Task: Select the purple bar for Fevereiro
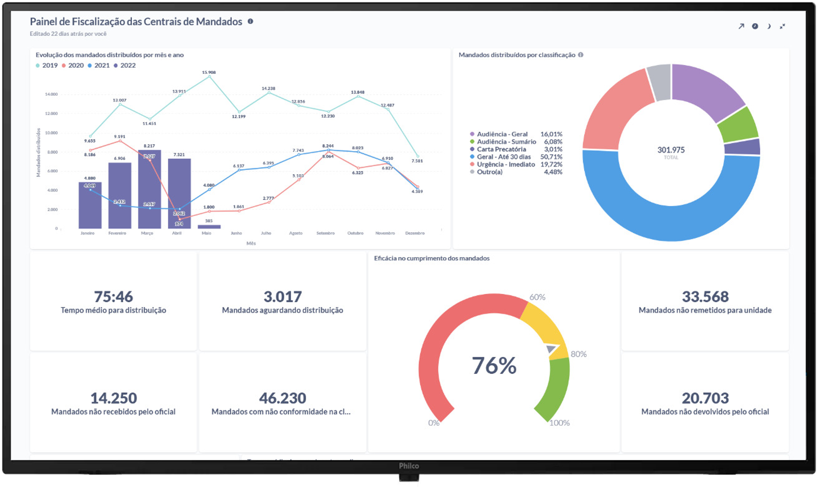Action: pyautogui.click(x=120, y=196)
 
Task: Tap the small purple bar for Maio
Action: pyautogui.click(x=209, y=227)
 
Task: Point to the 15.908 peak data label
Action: pyautogui.click(x=209, y=72)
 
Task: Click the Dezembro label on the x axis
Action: pyautogui.click(x=415, y=233)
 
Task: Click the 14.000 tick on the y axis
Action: pyautogui.click(x=51, y=94)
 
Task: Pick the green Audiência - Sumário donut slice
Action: pyautogui.click(x=738, y=124)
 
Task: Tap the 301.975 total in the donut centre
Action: pyautogui.click(x=671, y=150)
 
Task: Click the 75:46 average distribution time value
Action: pyautogui.click(x=113, y=296)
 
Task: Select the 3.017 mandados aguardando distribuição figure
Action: pyautogui.click(x=282, y=296)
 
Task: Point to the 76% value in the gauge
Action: pyautogui.click(x=494, y=366)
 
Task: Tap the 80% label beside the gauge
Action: pyautogui.click(x=579, y=354)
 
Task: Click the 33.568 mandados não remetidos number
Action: pyautogui.click(x=705, y=296)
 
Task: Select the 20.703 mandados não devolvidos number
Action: pyautogui.click(x=705, y=398)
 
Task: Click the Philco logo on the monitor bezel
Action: pyautogui.click(x=409, y=466)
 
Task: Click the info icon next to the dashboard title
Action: pyautogui.click(x=251, y=21)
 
